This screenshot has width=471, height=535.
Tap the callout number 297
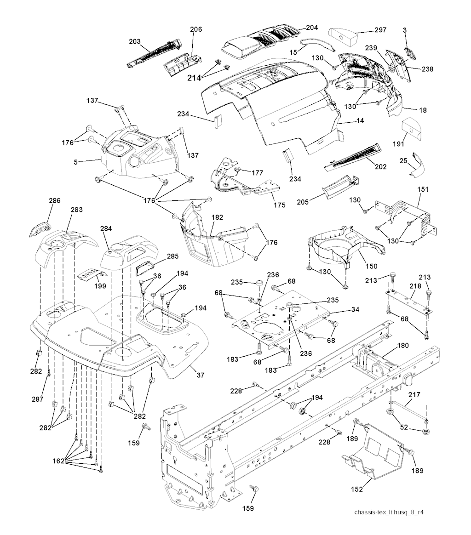pyautogui.click(x=380, y=30)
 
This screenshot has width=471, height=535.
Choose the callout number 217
pyautogui.click(x=414, y=394)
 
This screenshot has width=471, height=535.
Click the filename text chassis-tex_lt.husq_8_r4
pyautogui.click(x=392, y=512)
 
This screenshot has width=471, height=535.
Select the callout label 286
pyautogui.click(x=55, y=201)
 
